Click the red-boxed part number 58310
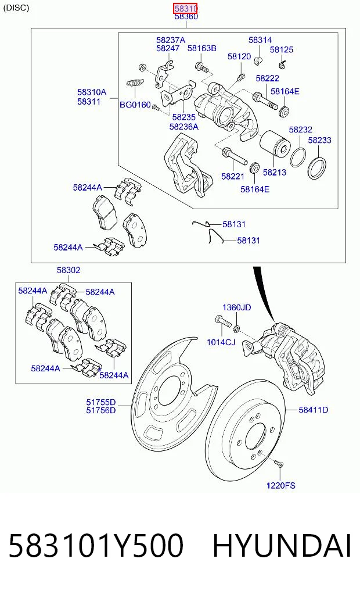click(x=186, y=8)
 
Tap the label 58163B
click(x=202, y=48)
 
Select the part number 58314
click(x=260, y=40)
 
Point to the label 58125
click(x=281, y=50)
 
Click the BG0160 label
click(x=135, y=105)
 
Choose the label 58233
click(x=319, y=140)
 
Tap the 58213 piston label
click(x=274, y=172)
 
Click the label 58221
click(x=233, y=177)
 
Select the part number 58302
click(x=69, y=270)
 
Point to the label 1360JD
click(x=236, y=307)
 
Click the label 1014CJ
click(x=221, y=342)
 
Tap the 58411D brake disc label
click(x=314, y=410)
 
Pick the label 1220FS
click(x=280, y=485)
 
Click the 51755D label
click(x=100, y=403)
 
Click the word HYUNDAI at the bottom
click(x=282, y=546)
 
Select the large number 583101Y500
click(x=96, y=546)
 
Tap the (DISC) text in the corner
click(x=16, y=8)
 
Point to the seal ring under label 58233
click(x=316, y=168)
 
